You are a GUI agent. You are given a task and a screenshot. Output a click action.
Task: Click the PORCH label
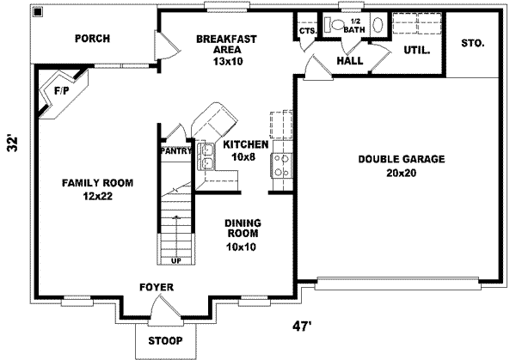pos(93,39)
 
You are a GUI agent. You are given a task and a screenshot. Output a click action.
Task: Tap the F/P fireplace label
pos(62,90)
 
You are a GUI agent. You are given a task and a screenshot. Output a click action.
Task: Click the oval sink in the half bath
pos(378,24)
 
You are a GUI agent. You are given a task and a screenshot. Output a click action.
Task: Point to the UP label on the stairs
pos(176,260)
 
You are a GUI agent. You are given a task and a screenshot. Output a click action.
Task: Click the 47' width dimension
pos(302,326)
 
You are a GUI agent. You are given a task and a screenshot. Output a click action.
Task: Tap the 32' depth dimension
pos(12,143)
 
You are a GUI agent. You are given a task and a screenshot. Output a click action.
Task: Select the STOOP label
pos(165,340)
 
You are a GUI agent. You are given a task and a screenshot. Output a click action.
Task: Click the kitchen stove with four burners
pos(281,165)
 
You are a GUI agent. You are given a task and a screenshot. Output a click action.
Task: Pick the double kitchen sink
pos(206,156)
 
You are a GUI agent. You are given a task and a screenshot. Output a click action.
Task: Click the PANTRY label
pos(176,151)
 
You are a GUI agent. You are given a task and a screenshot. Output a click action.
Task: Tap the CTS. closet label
pos(308,31)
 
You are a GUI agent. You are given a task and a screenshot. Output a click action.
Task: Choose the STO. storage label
pos(472,43)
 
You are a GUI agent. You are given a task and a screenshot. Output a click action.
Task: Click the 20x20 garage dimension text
pos(401,173)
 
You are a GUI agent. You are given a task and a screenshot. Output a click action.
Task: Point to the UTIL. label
pos(416,51)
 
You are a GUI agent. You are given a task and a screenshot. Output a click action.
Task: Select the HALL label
pos(350,61)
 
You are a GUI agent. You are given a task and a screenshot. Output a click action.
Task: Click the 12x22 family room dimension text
pos(98,196)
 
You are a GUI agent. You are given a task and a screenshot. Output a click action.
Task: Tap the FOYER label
pos(157,287)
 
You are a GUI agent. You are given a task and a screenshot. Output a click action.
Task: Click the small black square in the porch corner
pos(38,12)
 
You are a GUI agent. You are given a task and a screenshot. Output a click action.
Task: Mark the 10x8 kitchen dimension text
pos(243,157)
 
